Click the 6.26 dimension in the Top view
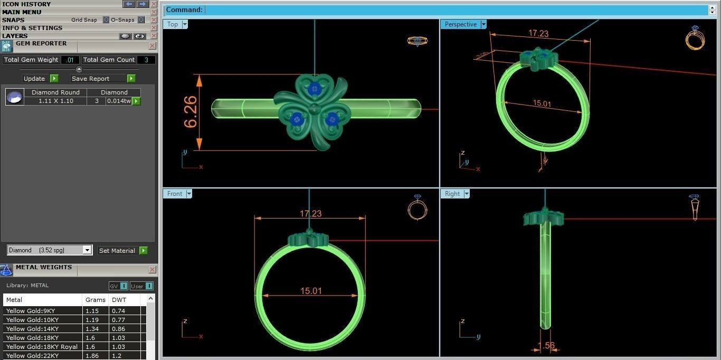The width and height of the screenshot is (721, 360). click(x=190, y=112)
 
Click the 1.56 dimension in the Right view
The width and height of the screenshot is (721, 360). click(x=546, y=346)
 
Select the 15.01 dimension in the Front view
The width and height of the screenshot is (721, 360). click(x=311, y=291)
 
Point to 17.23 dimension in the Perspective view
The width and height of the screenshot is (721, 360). click(x=538, y=33)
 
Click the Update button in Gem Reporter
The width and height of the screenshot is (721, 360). click(x=35, y=79)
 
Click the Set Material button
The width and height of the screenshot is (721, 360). click(x=117, y=251)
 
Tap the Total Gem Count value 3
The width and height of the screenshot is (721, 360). click(x=146, y=60)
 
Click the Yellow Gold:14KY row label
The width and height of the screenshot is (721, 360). click(x=32, y=329)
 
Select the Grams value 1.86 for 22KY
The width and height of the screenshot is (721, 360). click(x=92, y=356)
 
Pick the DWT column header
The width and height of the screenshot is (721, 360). click(x=119, y=300)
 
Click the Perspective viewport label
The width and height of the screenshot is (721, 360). click(x=460, y=24)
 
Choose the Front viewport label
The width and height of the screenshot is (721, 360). click(x=175, y=194)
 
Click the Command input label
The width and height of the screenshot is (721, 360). click(x=184, y=10)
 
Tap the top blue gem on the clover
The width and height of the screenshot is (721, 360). click(x=315, y=89)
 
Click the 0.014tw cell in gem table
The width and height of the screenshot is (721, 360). click(x=119, y=101)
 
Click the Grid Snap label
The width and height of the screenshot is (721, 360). click(x=84, y=20)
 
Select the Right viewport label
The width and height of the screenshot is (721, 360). click(x=452, y=194)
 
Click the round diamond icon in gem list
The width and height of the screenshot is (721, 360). click(x=15, y=97)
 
